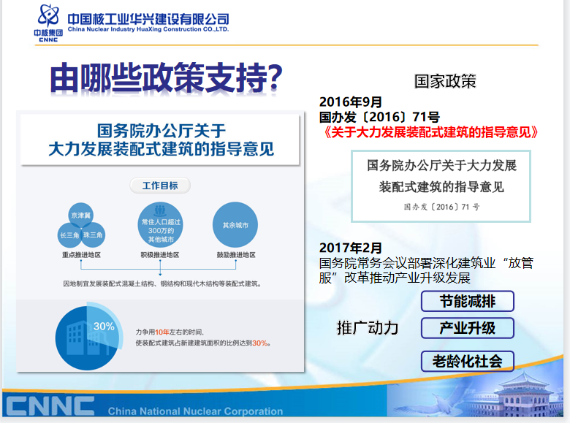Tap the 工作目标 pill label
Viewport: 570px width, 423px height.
point(160,186)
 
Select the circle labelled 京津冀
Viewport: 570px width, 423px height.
point(80,215)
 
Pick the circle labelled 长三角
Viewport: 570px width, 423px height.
point(69,235)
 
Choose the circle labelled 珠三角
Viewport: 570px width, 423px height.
point(93,235)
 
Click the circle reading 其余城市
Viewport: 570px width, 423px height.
point(235,225)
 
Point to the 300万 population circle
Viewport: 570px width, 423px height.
point(160,225)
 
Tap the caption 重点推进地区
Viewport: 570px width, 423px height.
point(81,255)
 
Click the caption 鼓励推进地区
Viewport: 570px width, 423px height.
point(236,255)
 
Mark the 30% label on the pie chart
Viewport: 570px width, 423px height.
point(104,327)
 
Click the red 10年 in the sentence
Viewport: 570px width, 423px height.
point(162,332)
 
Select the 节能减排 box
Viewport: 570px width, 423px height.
point(468,301)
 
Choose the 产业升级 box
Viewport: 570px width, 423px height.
point(468,328)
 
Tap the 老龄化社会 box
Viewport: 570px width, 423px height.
point(468,361)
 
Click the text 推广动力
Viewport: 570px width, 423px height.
point(368,328)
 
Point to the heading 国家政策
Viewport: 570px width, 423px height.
point(445,81)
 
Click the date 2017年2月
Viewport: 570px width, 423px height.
point(351,248)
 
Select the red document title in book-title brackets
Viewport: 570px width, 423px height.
point(430,132)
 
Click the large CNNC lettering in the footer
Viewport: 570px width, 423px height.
point(50,406)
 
